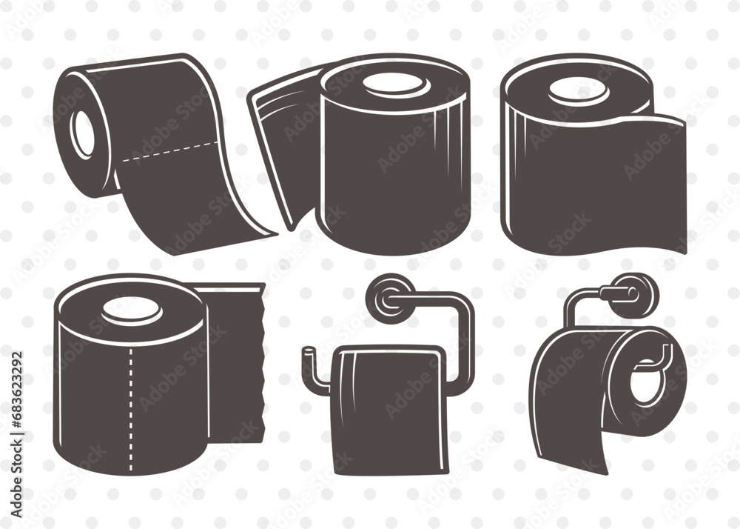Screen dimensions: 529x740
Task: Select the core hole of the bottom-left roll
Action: coord(132,310)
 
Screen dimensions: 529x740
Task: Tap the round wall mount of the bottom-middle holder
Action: coord(393,295)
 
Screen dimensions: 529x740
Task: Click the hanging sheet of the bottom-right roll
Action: coord(570,415)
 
